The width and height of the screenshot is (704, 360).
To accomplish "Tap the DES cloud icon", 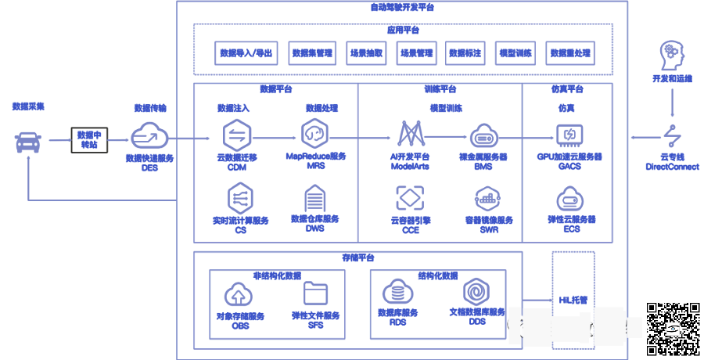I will [148, 137].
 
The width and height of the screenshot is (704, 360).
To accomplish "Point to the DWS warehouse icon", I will [314, 200].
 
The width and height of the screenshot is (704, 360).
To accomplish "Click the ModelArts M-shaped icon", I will [411, 134].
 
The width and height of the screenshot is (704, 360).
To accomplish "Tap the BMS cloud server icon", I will [483, 136].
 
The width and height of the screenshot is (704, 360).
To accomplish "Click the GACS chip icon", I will [569, 135].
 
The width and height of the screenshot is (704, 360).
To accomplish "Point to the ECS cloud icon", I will [569, 199].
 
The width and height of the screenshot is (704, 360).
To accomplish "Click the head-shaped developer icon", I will [672, 54].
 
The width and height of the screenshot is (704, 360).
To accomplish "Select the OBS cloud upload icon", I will [239, 294].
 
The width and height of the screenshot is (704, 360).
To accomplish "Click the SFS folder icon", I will [316, 293].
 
